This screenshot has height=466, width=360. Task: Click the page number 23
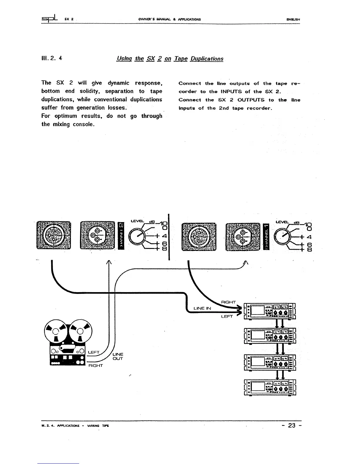coord(292,425)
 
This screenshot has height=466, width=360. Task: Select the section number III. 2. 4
coord(52,58)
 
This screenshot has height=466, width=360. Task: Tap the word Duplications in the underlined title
coord(207,59)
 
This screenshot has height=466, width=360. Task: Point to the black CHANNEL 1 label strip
coord(267,237)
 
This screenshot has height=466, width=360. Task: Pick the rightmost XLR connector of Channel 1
coord(243,237)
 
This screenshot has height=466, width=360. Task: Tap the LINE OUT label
coord(118,357)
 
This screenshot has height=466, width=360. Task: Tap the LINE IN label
coord(202,308)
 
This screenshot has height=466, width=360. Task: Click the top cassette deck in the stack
coord(270,311)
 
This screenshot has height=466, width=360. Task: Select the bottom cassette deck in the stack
coord(270,387)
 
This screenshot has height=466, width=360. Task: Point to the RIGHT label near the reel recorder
coord(96,366)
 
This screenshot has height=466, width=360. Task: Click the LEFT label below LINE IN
coord(227,317)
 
